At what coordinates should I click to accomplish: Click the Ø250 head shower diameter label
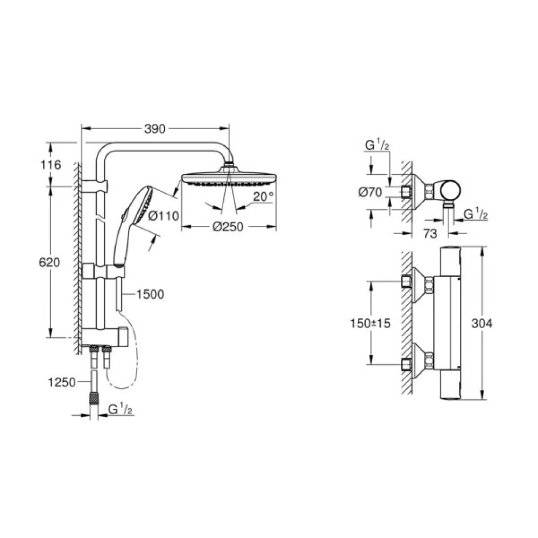(228, 227)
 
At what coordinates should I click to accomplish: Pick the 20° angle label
(264, 197)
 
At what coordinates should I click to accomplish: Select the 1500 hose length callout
(150, 294)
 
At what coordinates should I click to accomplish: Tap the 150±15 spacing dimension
(369, 323)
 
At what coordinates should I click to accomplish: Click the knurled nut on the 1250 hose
(95, 399)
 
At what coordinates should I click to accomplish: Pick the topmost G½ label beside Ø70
(375, 146)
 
